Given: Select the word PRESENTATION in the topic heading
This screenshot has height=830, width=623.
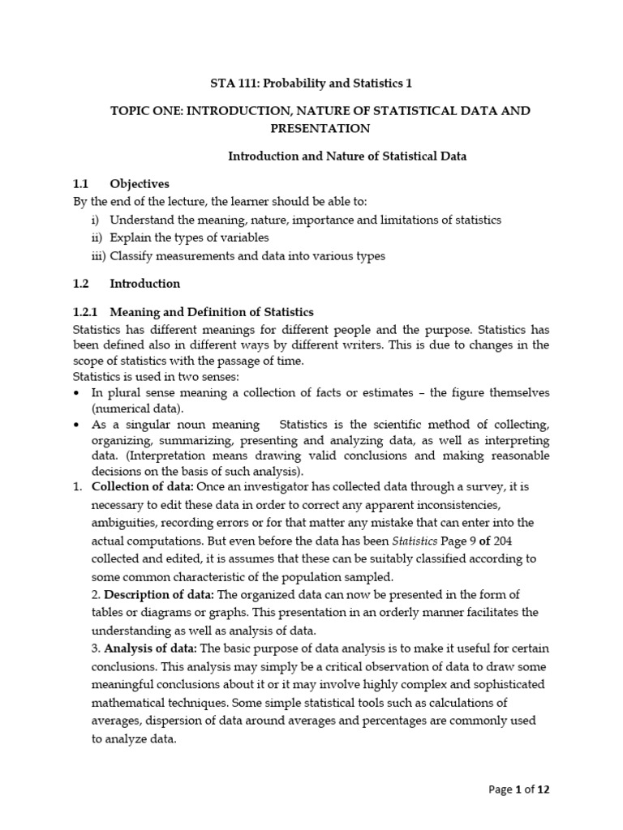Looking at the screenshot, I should click(x=320, y=128).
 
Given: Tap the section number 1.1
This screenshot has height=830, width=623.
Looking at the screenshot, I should click(x=82, y=184).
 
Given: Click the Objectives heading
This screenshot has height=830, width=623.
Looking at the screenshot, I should click(x=140, y=184).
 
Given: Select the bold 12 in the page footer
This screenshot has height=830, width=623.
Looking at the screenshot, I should click(x=544, y=789).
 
